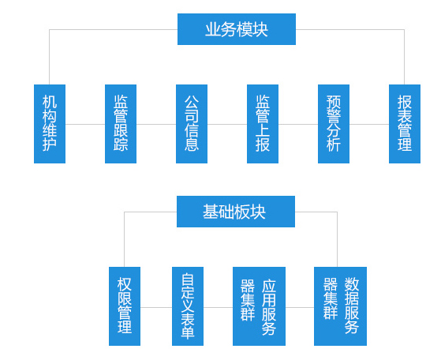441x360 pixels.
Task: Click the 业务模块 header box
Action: tap(237, 29)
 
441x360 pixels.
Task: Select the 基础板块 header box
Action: tap(236, 212)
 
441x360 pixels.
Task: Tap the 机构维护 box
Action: tap(50, 124)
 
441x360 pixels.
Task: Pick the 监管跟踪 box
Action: tap(121, 124)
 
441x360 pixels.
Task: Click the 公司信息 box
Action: tap(192, 124)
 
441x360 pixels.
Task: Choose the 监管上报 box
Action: tap(263, 124)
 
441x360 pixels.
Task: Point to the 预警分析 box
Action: tap(334, 124)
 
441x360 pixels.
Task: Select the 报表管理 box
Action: tap(405, 124)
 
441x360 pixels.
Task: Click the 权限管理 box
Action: tap(125, 306)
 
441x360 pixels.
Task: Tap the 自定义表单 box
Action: tap(188, 306)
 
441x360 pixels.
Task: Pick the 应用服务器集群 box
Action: tap(259, 306)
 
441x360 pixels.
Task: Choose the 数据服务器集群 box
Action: tap(340, 306)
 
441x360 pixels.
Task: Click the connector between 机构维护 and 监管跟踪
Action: tap(85, 124)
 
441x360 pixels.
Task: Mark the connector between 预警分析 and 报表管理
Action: tap(369, 124)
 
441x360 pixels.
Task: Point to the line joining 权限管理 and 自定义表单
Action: tap(156, 307)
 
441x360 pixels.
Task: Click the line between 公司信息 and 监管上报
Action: tap(227, 124)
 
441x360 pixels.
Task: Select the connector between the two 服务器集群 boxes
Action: tap(300, 307)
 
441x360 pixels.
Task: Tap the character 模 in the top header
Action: tap(244, 29)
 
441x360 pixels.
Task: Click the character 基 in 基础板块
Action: tap(211, 212)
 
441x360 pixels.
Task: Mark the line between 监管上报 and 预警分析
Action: tap(298, 124)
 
